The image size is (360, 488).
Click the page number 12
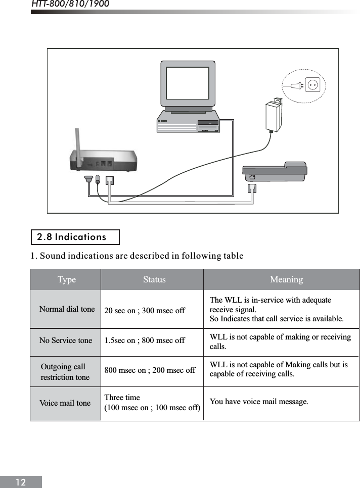pyautogui.click(x=20, y=482)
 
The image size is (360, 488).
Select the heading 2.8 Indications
pyautogui.click(x=72, y=237)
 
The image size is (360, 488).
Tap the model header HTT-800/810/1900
pyautogui.click(x=70, y=5)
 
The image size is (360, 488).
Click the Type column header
pyautogui.click(x=66, y=279)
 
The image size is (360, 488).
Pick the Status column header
pyautogui.click(x=154, y=279)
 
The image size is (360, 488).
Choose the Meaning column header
pyautogui.click(x=286, y=279)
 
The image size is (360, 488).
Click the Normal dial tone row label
pyautogui.click(x=67, y=309)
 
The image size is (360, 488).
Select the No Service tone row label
pyautogui.click(x=66, y=340)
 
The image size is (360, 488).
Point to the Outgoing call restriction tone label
pyautogui.click(x=65, y=372)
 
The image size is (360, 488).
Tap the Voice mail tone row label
pyautogui.click(x=65, y=403)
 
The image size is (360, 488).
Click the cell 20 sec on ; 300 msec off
pyautogui.click(x=145, y=310)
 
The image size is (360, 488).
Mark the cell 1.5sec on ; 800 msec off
pyautogui.click(x=145, y=340)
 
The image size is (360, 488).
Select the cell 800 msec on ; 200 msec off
pyautogui.click(x=150, y=370)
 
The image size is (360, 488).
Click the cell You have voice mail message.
pyautogui.click(x=259, y=402)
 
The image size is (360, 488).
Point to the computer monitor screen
pyautogui.click(x=188, y=83)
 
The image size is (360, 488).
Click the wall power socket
pyautogui.click(x=313, y=85)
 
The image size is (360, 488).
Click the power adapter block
pyautogui.click(x=274, y=115)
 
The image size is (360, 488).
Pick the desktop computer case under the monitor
pyautogui.click(x=188, y=122)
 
